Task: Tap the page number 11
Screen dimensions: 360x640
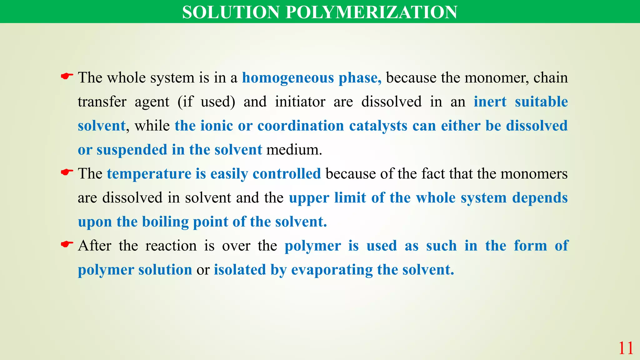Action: click(x=626, y=348)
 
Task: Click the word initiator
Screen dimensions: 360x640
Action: click(x=300, y=102)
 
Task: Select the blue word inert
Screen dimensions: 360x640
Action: click(x=490, y=102)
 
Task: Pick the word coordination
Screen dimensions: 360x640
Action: click(x=301, y=126)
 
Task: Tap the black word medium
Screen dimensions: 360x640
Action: click(x=294, y=150)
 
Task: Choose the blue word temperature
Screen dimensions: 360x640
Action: click(x=149, y=174)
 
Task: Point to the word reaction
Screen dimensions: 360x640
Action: click(x=171, y=246)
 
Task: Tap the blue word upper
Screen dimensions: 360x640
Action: click(x=309, y=198)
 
